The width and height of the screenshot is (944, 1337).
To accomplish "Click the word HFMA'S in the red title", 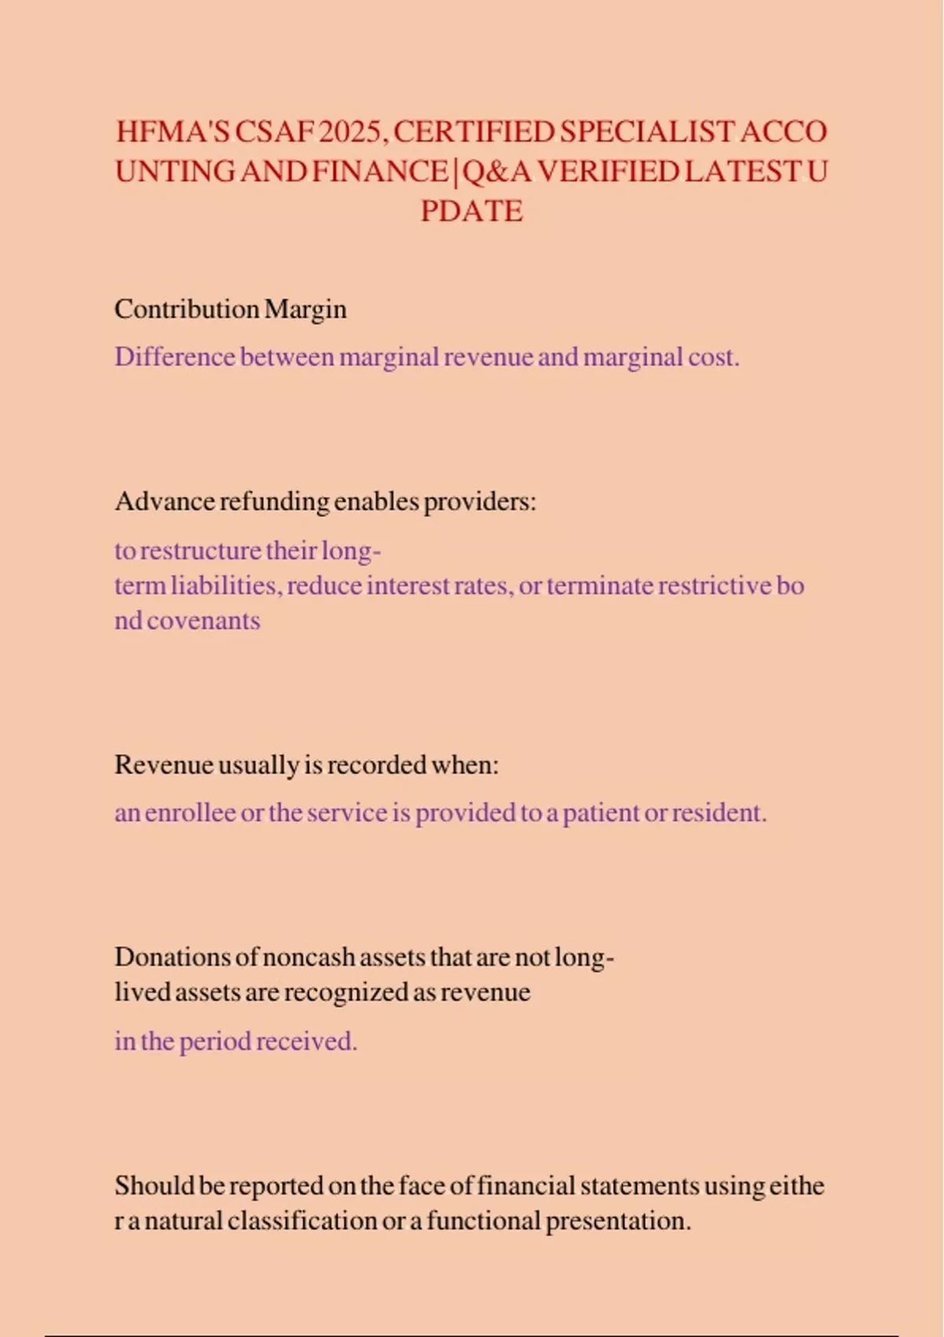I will coord(173,131).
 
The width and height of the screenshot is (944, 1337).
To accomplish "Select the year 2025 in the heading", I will coord(351,131).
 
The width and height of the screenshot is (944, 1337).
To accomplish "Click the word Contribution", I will coord(186,309).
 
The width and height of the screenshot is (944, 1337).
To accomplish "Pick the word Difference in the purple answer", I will coord(175,357).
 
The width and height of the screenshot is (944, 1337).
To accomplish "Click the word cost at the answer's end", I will coord(712,357).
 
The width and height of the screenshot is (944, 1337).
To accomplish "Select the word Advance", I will coord(164,502).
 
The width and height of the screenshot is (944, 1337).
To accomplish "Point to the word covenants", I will coord(203,621).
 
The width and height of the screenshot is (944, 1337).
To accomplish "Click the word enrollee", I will coord(190,812).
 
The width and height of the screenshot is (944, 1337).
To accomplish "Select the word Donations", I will coord(173,957).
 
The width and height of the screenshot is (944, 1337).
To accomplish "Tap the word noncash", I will coord(308,957).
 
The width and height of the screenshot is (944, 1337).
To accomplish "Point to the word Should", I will coord(154,1186).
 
